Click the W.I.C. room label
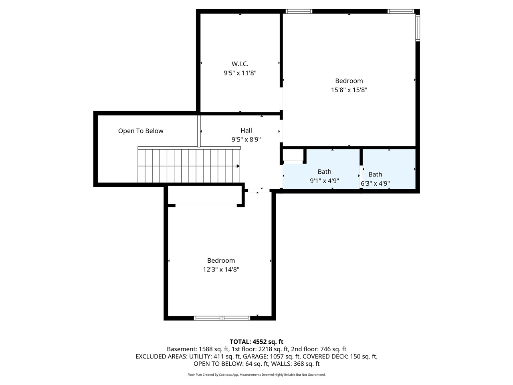[x=240, y=64]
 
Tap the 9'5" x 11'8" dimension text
[x=240, y=73]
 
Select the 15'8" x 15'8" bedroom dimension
[x=349, y=90]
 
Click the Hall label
[x=246, y=130]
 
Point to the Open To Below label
[x=141, y=131]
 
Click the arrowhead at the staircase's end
[x=238, y=166]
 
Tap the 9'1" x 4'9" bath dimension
[x=324, y=181]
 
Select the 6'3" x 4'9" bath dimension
[x=375, y=184]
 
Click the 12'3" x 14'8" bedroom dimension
[x=221, y=270]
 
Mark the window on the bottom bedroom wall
[x=222, y=318]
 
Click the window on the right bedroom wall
[x=417, y=28]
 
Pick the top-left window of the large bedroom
[x=299, y=11]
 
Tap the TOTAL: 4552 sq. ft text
[x=256, y=342]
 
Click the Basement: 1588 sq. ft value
[x=198, y=349]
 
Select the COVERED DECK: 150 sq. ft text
[x=340, y=357]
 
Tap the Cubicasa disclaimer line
[x=256, y=375]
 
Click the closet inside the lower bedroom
[x=204, y=196]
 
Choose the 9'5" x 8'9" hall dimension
[x=246, y=140]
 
